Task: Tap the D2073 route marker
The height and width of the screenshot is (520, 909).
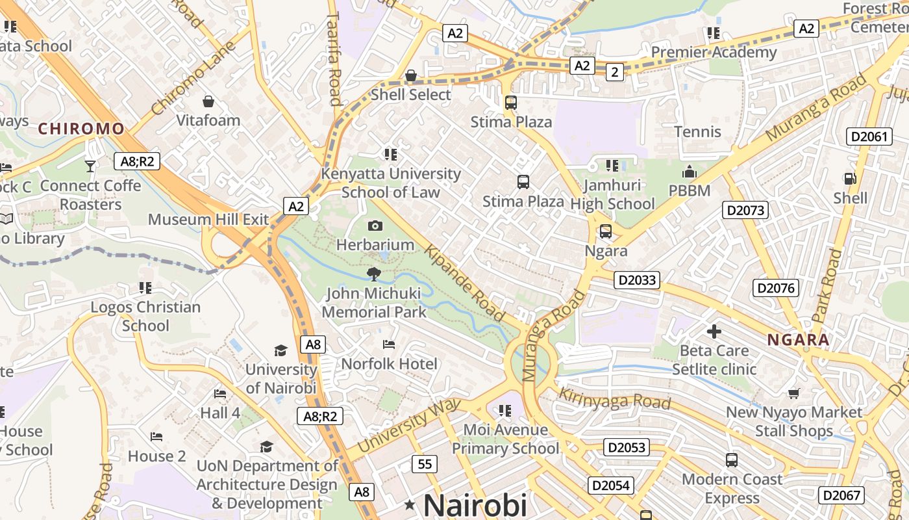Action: pyautogui.click(x=745, y=210)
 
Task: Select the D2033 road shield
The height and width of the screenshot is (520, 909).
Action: pyautogui.click(x=636, y=280)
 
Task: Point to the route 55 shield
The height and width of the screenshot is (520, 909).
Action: pyautogui.click(x=425, y=464)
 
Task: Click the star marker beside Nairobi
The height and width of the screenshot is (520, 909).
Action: pyautogui.click(x=410, y=505)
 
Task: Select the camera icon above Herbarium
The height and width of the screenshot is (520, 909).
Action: pyautogui.click(x=375, y=226)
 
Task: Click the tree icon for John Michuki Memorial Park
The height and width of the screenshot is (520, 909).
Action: pyautogui.click(x=373, y=274)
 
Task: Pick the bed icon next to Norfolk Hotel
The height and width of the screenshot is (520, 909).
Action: pyautogui.click(x=389, y=344)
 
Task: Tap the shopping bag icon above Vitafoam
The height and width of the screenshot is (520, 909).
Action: pyautogui.click(x=208, y=101)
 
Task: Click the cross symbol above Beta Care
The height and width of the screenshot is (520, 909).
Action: pyautogui.click(x=714, y=331)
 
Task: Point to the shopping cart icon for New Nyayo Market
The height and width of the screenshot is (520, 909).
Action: pyautogui.click(x=793, y=393)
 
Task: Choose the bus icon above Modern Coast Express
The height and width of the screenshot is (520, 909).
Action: pyautogui.click(x=732, y=460)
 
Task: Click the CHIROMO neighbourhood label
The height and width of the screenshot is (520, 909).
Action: pyautogui.click(x=81, y=129)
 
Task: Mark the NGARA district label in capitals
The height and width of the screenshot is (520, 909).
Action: pyautogui.click(x=798, y=340)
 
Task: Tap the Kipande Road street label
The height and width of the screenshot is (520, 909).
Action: pyautogui.click(x=464, y=283)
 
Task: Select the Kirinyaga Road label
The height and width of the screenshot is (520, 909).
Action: pyautogui.click(x=614, y=398)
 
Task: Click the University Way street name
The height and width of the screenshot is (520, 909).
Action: pyautogui.click(x=409, y=426)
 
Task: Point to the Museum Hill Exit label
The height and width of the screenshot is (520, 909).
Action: pyautogui.click(x=208, y=220)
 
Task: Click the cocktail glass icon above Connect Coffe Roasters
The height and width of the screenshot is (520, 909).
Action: pyautogui.click(x=90, y=166)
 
